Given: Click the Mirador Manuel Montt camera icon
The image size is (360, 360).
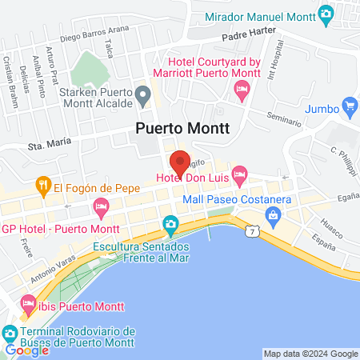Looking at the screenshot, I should pyautogui.click(x=326, y=13).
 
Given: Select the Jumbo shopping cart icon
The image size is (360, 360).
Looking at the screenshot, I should pyautogui.click(x=349, y=105).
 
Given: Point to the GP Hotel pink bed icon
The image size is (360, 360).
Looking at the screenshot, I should pyautogui.click(x=101, y=209).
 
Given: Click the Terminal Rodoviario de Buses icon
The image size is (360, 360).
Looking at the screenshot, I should pyautogui.click(x=10, y=332).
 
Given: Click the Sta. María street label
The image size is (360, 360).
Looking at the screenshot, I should pyautogui.click(x=44, y=146).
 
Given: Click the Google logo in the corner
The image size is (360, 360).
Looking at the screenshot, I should pyautogui.click(x=26, y=350).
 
